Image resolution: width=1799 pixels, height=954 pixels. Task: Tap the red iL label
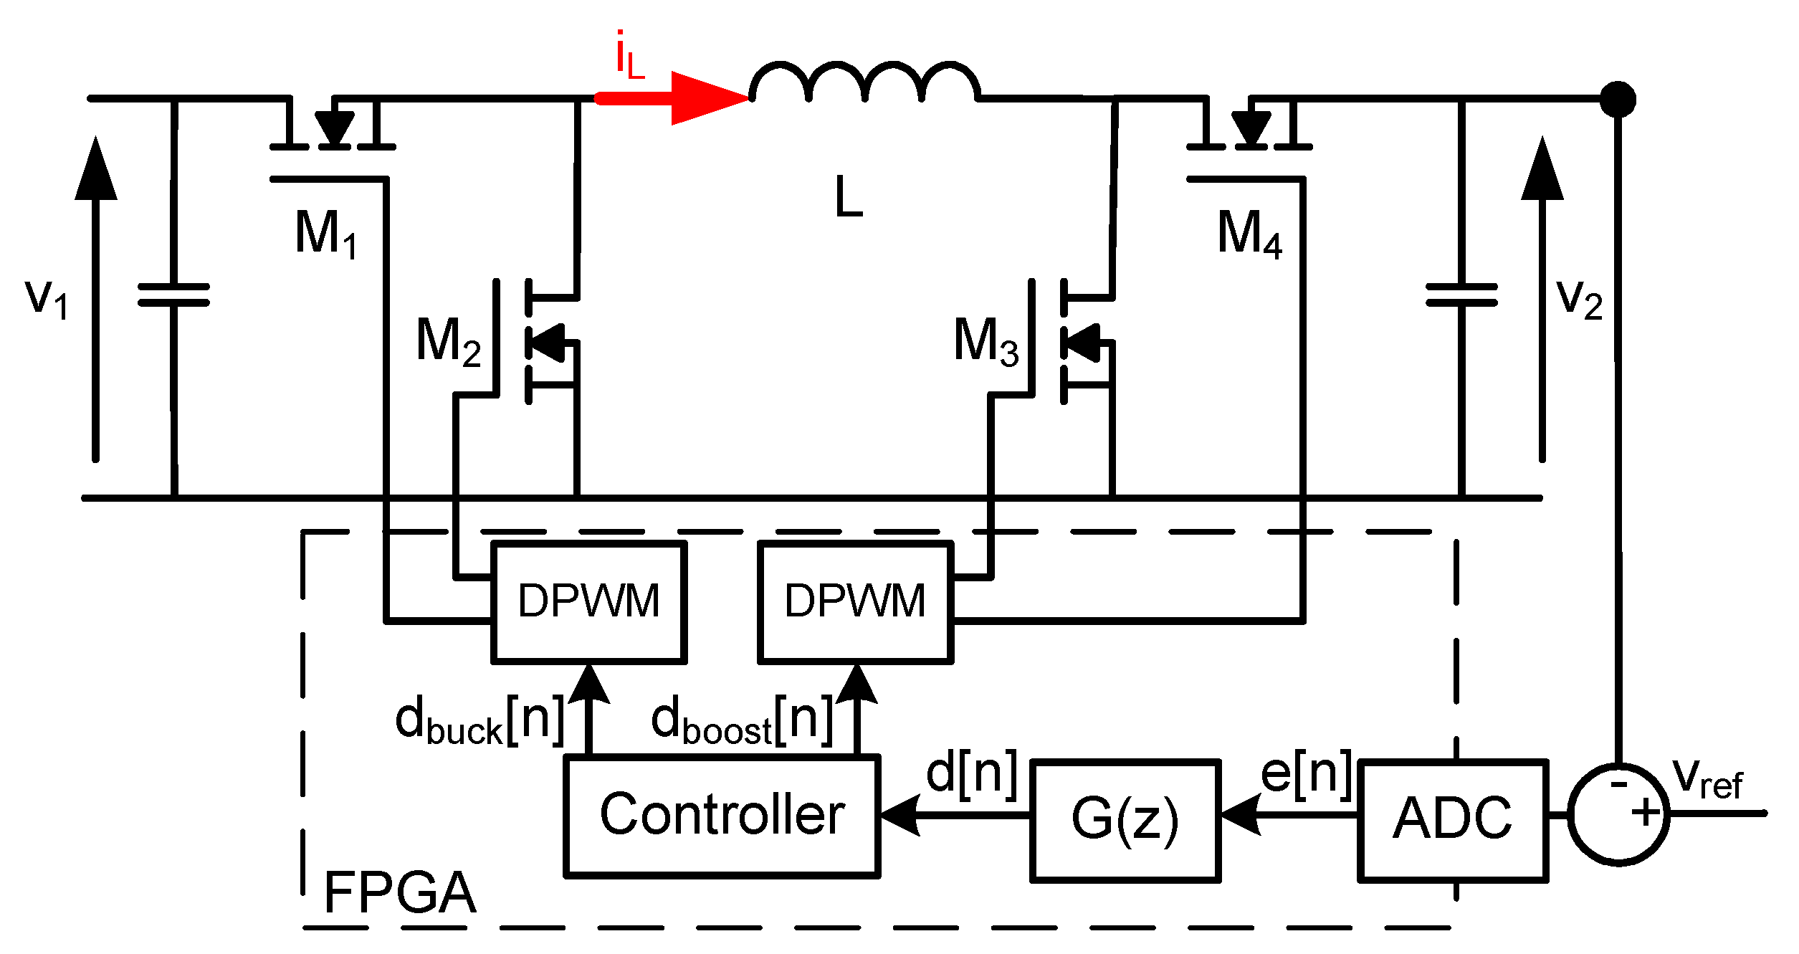pyautogui.click(x=629, y=56)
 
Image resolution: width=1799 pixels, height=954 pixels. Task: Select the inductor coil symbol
pyautogui.click(x=864, y=82)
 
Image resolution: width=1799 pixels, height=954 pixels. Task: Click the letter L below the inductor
pyautogui.click(x=849, y=196)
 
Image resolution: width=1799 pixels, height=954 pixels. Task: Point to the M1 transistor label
pyautogui.click(x=326, y=234)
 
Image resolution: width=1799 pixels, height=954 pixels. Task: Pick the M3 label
pyautogui.click(x=986, y=341)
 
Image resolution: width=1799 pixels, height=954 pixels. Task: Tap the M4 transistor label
pyautogui.click(x=1249, y=234)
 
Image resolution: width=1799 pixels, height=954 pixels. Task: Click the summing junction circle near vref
pyautogui.click(x=1618, y=814)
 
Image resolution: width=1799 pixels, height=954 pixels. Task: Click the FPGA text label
pyautogui.click(x=399, y=893)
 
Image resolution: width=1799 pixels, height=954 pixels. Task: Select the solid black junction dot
pyautogui.click(x=1618, y=99)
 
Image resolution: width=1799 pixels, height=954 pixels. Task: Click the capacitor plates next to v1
pyautogui.click(x=173, y=295)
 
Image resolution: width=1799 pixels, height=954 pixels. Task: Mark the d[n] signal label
pyautogui.click(x=971, y=775)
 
